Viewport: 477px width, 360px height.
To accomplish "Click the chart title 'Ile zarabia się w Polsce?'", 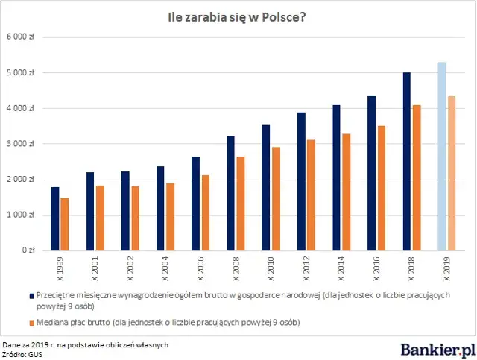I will click(x=237, y=16).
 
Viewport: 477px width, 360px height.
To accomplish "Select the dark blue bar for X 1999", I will click(x=55, y=219).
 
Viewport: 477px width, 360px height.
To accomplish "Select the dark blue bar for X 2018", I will click(x=407, y=162).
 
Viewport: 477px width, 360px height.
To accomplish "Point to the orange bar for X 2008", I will click(x=241, y=203).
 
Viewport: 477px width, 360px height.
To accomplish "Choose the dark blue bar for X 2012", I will click(x=301, y=182).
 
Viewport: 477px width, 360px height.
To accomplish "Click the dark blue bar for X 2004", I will click(x=160, y=209).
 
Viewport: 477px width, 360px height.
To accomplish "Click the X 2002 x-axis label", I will click(x=130, y=267).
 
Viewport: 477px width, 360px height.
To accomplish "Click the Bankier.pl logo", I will click(x=437, y=348).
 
